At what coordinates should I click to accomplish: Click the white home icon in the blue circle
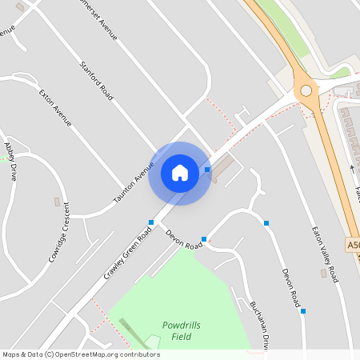click(x=180, y=172)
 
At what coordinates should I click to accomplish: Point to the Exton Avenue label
click(x=55, y=108)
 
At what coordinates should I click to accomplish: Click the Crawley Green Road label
click(x=127, y=253)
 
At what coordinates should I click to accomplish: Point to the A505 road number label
click(x=354, y=243)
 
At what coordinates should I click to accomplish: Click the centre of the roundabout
click(x=306, y=91)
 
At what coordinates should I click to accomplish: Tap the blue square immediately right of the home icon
click(x=207, y=170)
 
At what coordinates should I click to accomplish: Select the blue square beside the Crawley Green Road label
click(x=150, y=222)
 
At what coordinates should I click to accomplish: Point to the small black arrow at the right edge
click(x=352, y=168)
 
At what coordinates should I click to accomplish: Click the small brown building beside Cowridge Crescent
click(x=56, y=200)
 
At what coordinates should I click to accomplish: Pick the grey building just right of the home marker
click(x=224, y=166)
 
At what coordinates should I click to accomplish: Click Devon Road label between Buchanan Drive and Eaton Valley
click(x=290, y=288)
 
